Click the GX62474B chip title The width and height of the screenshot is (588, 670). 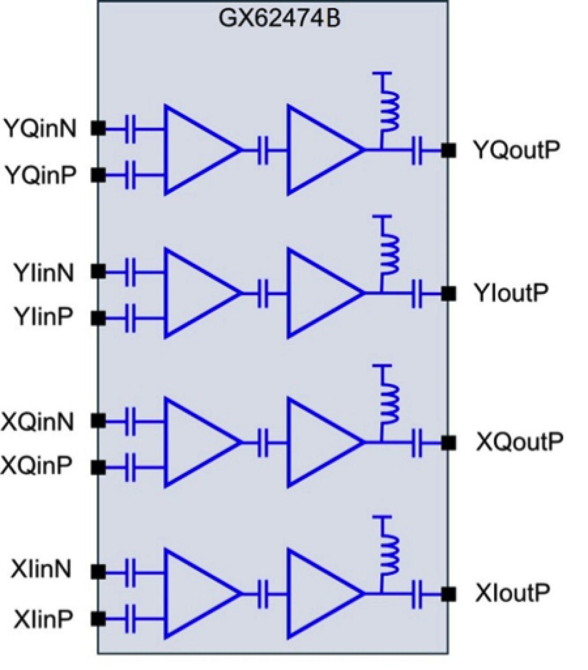point(279,19)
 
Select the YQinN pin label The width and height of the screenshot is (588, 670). point(40,129)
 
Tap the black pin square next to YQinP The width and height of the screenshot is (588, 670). point(98,175)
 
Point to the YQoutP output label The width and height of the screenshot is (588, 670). point(516,150)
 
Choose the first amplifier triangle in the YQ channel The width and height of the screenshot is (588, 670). point(197,150)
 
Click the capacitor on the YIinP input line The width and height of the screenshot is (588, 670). point(131,319)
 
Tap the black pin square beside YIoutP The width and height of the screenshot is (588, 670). point(448,294)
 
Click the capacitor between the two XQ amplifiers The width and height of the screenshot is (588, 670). point(264,443)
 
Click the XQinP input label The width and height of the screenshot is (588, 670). point(37,466)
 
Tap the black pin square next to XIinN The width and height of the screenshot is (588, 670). point(98,571)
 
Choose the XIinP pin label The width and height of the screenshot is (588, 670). point(44,619)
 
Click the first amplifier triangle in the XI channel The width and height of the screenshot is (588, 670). point(197,594)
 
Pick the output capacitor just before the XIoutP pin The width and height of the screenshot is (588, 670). point(417,594)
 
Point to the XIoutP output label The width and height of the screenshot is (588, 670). point(512,593)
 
